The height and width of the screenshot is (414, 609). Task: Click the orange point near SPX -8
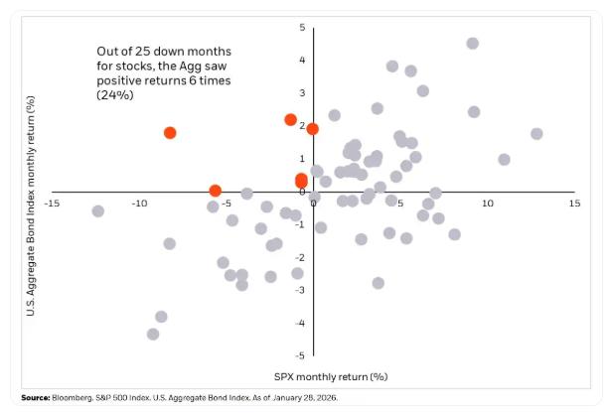tap(170, 133)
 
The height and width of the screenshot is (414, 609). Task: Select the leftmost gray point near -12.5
tap(97, 211)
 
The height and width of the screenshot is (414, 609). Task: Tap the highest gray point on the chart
tap(472, 44)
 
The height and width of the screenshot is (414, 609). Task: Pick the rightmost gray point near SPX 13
tap(536, 134)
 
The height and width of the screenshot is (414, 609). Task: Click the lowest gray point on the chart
tap(153, 334)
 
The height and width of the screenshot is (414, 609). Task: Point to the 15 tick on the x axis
tap(573, 203)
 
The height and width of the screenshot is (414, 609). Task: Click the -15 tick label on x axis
tap(52, 204)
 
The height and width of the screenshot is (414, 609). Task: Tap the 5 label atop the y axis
tap(302, 27)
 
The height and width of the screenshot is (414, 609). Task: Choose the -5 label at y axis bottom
tap(300, 354)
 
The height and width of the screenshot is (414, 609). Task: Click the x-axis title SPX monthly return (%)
tap(330, 377)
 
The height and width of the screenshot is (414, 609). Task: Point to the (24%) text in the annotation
tap(114, 96)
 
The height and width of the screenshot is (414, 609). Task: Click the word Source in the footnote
tap(35, 398)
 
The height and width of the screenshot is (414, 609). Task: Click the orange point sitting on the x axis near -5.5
tap(216, 191)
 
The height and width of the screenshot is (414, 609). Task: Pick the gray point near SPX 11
tap(504, 160)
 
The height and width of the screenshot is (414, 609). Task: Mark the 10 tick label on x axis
tap(487, 203)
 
